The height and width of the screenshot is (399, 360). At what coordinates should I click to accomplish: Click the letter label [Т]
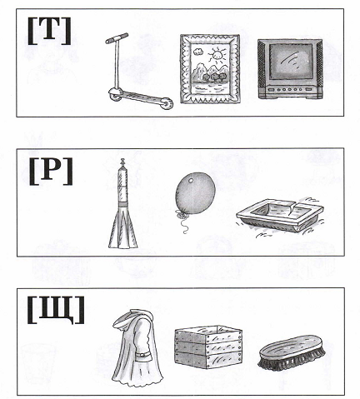click(49, 31)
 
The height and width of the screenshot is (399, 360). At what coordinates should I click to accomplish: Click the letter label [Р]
click(51, 172)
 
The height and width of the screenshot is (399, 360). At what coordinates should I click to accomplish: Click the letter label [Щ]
click(56, 310)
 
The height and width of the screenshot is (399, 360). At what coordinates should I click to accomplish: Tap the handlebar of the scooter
click(117, 38)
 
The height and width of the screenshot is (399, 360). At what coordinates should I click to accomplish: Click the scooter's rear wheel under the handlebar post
click(116, 94)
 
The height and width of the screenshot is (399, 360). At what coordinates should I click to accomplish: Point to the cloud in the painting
click(197, 52)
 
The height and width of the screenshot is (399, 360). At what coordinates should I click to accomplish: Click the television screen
click(291, 62)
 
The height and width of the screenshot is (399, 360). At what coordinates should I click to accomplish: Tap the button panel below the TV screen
click(291, 89)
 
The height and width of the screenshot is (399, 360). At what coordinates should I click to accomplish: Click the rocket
click(122, 206)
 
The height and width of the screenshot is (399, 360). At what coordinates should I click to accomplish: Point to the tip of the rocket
click(122, 159)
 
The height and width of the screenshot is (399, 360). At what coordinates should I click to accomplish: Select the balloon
click(195, 193)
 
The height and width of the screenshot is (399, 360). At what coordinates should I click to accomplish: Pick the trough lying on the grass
click(280, 215)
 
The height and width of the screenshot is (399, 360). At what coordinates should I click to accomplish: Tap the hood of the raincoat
click(132, 317)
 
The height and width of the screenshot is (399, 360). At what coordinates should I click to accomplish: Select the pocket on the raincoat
click(143, 357)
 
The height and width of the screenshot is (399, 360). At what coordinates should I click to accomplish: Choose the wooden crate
click(208, 347)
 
